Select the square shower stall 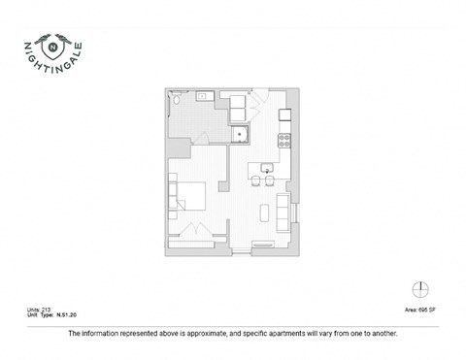point(239,134)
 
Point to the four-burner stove point(284,139)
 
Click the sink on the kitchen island point(265,168)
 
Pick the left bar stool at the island point(257,180)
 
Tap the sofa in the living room point(283,213)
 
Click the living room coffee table point(266,213)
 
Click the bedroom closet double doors point(193,229)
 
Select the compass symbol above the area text point(419,290)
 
